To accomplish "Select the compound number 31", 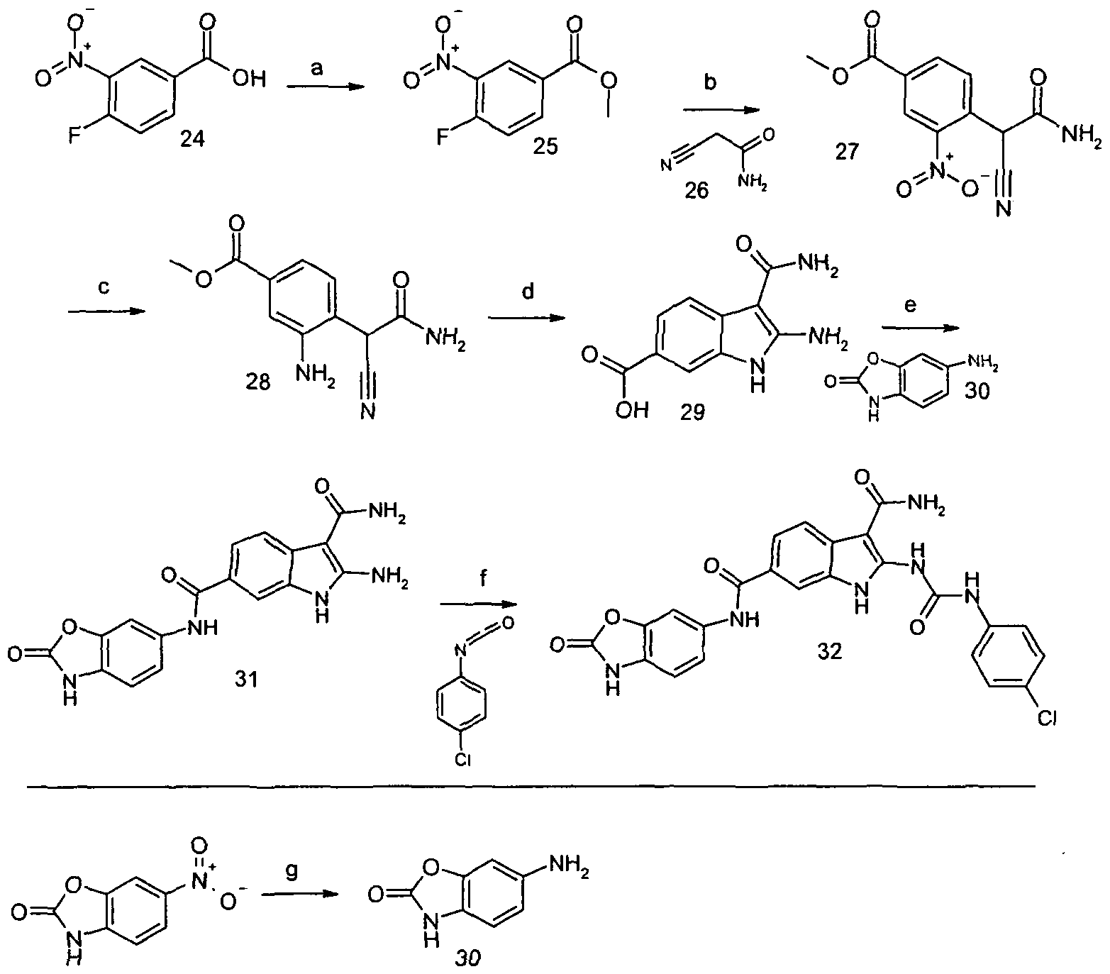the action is [246, 681].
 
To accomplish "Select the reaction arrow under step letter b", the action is [721, 110].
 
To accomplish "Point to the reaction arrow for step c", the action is [107, 311].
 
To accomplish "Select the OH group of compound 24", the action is [251, 79].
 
